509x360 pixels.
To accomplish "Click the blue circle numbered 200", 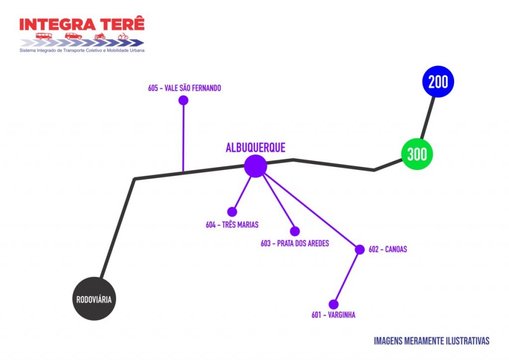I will pyautogui.click(x=438, y=82).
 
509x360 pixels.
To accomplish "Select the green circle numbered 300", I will pyautogui.click(x=417, y=154).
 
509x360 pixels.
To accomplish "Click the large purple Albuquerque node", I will pyautogui.click(x=255, y=166).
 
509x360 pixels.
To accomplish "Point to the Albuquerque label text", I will pyautogui.click(x=255, y=148).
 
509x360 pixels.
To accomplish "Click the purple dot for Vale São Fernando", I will pyautogui.click(x=183, y=100).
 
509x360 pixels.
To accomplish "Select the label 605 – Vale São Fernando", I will pyautogui.click(x=184, y=88).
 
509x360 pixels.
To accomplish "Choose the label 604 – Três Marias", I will pyautogui.click(x=232, y=225).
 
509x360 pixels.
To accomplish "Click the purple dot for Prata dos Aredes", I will pyautogui.click(x=295, y=231).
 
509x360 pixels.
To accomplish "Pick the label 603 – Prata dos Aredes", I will pyautogui.click(x=295, y=244).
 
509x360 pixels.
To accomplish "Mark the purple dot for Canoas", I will pyautogui.click(x=360, y=250).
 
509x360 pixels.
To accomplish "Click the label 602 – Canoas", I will pyautogui.click(x=388, y=250).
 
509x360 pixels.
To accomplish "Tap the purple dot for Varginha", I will pyautogui.click(x=334, y=304).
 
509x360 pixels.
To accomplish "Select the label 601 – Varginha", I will pyautogui.click(x=334, y=315).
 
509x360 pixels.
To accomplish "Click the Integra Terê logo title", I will pyautogui.click(x=82, y=24).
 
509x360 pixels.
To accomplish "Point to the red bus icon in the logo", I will pyautogui.click(x=44, y=36).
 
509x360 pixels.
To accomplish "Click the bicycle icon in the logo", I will pyautogui.click(x=123, y=36).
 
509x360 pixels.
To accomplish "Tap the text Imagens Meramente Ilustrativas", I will pyautogui.click(x=431, y=341).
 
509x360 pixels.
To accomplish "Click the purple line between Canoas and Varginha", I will pyautogui.click(x=347, y=276).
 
